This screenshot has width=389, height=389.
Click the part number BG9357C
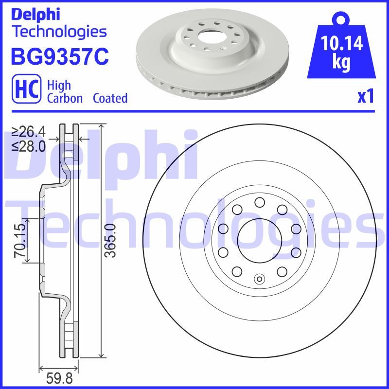click(x=60, y=56)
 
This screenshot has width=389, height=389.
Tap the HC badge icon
click(x=26, y=89)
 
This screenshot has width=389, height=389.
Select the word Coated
click(x=110, y=98)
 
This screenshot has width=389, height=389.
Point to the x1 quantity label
click(x=366, y=96)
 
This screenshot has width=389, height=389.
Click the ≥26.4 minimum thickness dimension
click(x=29, y=132)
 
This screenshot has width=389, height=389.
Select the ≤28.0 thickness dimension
click(x=29, y=146)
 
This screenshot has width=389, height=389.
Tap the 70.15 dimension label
click(x=20, y=240)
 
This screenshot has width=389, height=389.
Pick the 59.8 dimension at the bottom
click(x=59, y=379)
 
